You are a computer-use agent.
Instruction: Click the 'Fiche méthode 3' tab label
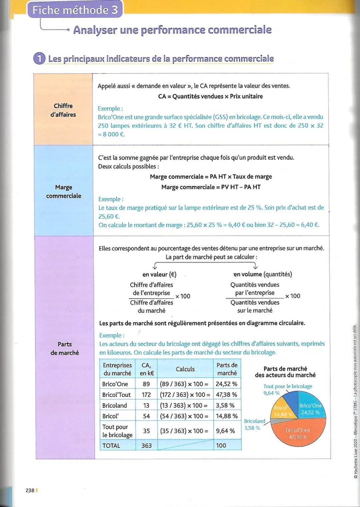75,10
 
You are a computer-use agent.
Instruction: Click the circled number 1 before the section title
39,59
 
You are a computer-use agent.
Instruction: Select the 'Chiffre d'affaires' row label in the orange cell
63,110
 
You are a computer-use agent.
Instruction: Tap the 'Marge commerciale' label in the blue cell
64,192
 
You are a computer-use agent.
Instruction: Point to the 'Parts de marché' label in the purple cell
65,348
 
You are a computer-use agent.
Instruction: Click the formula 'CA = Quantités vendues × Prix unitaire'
210,96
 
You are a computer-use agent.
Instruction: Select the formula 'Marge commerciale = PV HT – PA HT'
211,187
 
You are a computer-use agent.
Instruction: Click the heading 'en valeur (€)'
159,274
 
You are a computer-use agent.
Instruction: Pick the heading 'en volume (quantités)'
263,274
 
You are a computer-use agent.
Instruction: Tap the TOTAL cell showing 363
146,445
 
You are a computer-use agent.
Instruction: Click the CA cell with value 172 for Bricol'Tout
146,395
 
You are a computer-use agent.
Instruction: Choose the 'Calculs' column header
185,369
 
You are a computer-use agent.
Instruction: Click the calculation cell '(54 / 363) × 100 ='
184,416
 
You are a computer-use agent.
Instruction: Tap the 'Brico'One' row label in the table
115,384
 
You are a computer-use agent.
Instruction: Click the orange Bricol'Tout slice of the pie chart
298,433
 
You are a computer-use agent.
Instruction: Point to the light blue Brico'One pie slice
310,409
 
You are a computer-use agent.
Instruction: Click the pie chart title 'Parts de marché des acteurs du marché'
285,372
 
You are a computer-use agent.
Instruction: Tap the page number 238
30,490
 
